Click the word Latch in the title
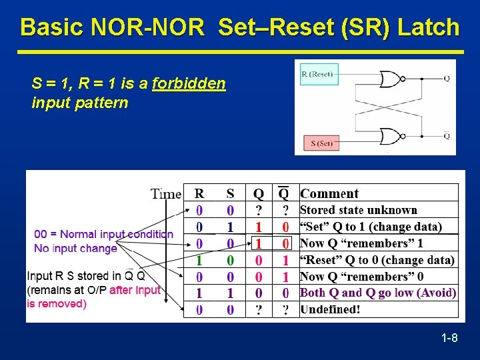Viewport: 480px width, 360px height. tap(429, 27)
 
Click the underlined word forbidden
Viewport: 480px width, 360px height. tap(189, 84)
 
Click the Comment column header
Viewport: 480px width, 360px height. tap(329, 193)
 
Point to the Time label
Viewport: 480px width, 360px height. tap(165, 194)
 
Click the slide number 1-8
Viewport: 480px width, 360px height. tap(449, 339)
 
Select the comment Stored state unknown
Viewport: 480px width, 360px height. tap(359, 210)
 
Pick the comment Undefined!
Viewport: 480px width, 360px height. tap(330, 309)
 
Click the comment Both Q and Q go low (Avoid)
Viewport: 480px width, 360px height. tap(378, 293)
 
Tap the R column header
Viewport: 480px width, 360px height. tap(199, 194)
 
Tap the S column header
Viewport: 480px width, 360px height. tap(230, 194)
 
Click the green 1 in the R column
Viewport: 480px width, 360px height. tap(199, 260)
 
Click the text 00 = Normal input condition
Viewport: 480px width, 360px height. tap(103, 234)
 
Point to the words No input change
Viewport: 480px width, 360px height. tap(75, 248)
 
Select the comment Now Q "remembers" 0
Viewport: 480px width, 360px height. tap(361, 276)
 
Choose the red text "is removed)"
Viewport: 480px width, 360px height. tap(57, 303)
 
